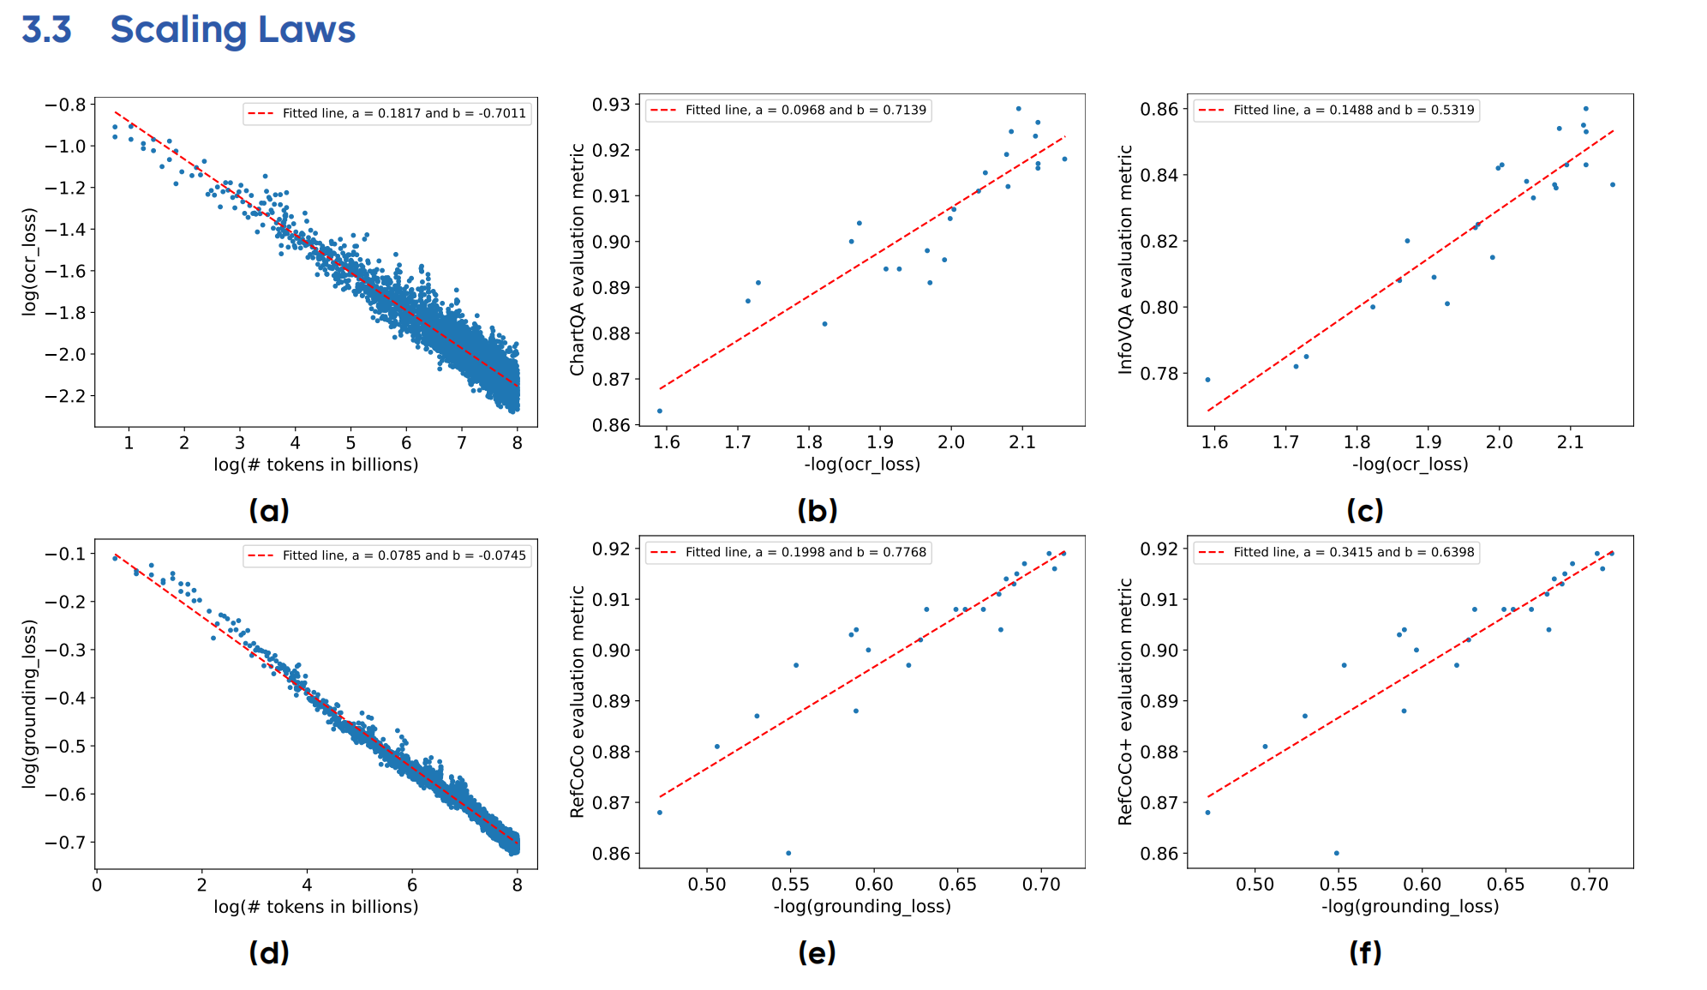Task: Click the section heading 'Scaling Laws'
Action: click(x=232, y=30)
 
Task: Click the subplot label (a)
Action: click(x=269, y=511)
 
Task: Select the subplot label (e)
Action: click(x=817, y=952)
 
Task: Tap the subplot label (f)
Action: click(x=1365, y=952)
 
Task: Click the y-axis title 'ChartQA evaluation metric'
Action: click(x=578, y=259)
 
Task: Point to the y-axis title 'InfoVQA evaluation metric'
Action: click(x=1126, y=259)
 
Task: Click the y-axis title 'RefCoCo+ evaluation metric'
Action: click(x=1126, y=701)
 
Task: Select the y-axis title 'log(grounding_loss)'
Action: click(x=30, y=703)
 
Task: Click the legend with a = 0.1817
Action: click(x=387, y=113)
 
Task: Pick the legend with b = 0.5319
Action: click(x=1337, y=110)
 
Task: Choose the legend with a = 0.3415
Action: click(x=1337, y=552)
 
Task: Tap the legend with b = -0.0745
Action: click(x=387, y=555)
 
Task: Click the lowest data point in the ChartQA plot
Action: click(x=660, y=411)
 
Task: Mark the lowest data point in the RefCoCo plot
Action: click(x=788, y=853)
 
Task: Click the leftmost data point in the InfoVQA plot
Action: click(x=1207, y=380)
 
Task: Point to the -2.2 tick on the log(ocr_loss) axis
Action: click(x=65, y=396)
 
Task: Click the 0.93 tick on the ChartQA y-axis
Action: click(x=611, y=105)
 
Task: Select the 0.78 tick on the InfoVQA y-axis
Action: click(x=1159, y=374)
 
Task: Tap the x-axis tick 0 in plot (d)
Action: click(x=97, y=885)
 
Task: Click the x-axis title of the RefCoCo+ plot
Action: click(x=1410, y=907)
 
